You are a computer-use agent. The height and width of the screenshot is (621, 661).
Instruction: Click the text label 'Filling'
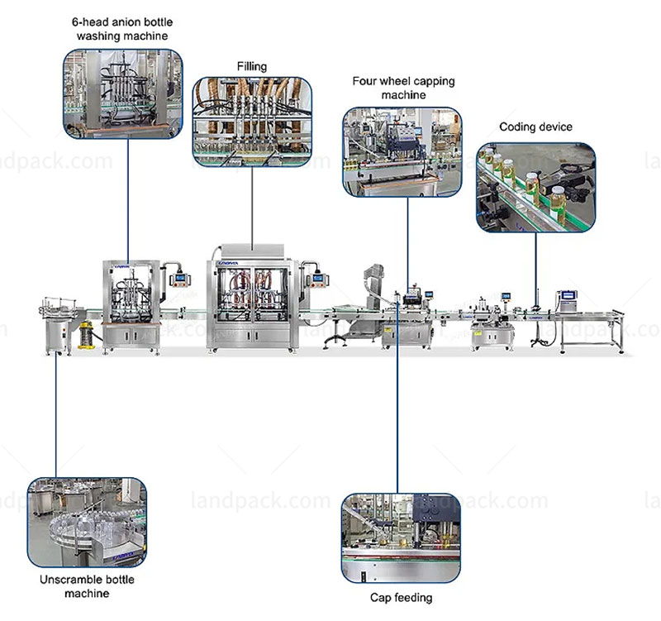pos(252,65)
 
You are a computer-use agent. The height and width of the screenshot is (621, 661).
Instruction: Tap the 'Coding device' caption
pos(535,127)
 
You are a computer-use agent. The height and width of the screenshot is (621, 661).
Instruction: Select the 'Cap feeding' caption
pos(401,597)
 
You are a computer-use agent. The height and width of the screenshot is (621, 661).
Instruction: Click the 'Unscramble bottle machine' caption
pos(87,586)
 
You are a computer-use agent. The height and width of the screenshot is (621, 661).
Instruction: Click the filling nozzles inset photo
pos(252,119)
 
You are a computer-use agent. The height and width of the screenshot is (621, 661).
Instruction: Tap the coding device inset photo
pos(535,186)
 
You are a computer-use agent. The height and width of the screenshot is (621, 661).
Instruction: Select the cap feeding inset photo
pos(401,537)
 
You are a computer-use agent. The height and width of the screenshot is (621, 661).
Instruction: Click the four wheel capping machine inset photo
pos(402,151)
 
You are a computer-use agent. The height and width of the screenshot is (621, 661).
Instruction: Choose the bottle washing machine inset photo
pos(122,93)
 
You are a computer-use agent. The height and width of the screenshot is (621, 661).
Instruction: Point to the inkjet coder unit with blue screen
pos(568,301)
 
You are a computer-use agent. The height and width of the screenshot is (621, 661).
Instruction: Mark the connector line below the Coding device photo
pos(535,265)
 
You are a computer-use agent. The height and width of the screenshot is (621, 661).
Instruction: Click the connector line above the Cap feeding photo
pos(397,413)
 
